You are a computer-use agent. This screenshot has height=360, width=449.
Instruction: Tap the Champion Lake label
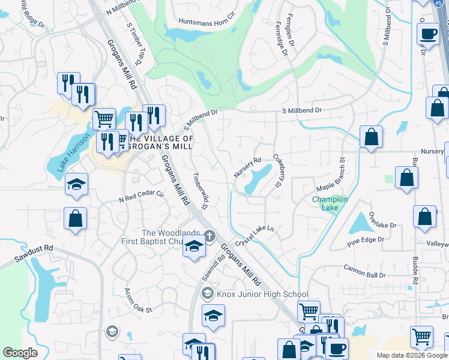pyautogui.click(x=330, y=203)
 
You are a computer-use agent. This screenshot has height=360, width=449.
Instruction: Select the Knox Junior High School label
pyautogui.click(x=262, y=294)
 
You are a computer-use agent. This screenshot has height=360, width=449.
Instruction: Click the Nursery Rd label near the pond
pyautogui.click(x=247, y=167)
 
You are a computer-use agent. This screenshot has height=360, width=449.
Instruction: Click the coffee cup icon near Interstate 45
pyautogui.click(x=428, y=34)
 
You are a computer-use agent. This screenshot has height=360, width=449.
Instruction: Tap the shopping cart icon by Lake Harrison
pyautogui.click(x=104, y=119)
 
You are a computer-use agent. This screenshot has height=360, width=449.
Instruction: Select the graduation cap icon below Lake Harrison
pyautogui.click(x=76, y=185)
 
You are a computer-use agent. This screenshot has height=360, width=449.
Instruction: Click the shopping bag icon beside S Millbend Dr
pyautogui.click(x=372, y=136)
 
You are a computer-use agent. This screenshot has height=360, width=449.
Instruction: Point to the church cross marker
pyautogui.click(x=209, y=235)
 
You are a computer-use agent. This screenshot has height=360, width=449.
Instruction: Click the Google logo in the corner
pyautogui.click(x=20, y=353)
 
